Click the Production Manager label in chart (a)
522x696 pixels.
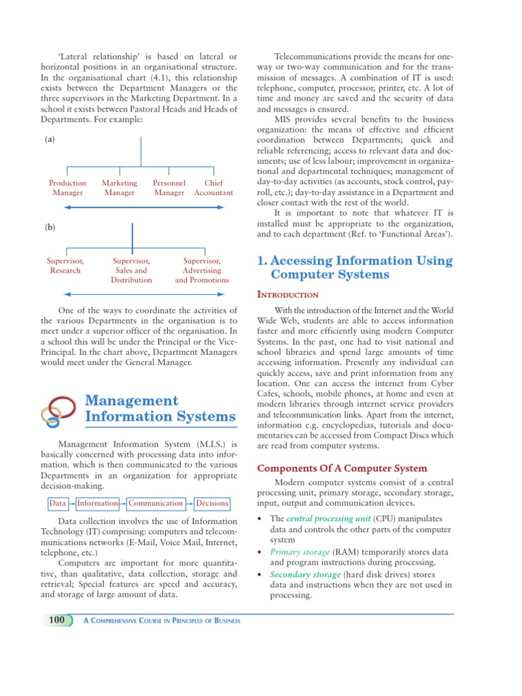(x=67, y=188)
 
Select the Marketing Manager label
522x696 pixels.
(x=119, y=188)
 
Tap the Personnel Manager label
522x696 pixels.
(x=169, y=188)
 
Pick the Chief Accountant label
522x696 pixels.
(x=213, y=188)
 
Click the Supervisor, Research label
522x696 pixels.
(x=65, y=266)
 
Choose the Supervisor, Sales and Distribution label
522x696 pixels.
(x=131, y=270)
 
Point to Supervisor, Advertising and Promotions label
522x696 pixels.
(x=202, y=270)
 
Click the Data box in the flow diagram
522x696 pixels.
(x=58, y=504)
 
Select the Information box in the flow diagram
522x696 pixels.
(x=97, y=504)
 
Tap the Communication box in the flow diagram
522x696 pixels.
(x=156, y=504)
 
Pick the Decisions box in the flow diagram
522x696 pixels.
(x=212, y=504)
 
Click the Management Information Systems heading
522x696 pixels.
(x=160, y=408)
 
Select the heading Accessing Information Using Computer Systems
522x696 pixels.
(x=355, y=267)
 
